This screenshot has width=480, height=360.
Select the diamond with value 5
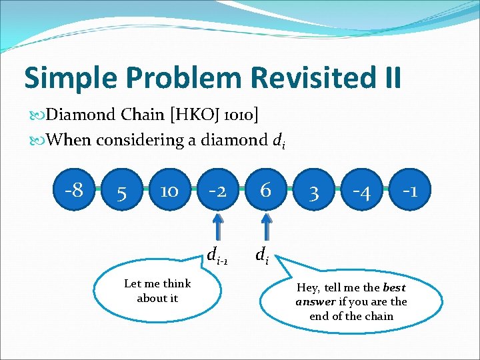121,192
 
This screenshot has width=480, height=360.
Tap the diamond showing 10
169,192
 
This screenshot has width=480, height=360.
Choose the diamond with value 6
265,191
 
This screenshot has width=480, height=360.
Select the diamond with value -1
410,191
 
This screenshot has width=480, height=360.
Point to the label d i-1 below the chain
217,255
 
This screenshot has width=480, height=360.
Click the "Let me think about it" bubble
157,291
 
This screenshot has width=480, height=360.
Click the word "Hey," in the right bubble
309,287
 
